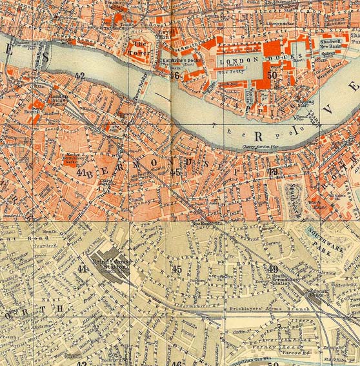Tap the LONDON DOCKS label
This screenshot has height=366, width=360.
[238, 60]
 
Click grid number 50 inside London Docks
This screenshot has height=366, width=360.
[272, 75]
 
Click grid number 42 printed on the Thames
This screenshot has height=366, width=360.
[80, 76]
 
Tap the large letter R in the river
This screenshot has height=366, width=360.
[259, 137]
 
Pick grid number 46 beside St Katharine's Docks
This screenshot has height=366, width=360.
[174, 75]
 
